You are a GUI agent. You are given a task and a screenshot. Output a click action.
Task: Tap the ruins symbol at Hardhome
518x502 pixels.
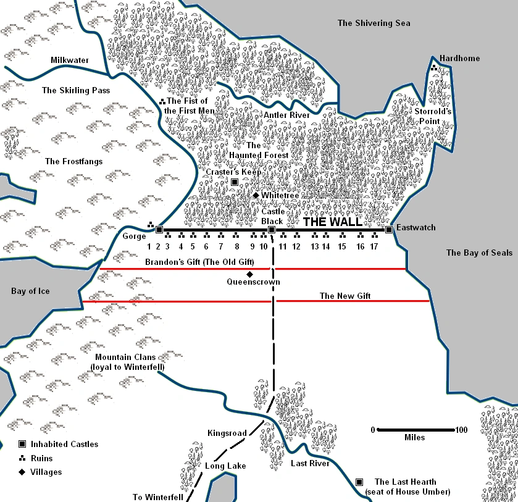point(435,67)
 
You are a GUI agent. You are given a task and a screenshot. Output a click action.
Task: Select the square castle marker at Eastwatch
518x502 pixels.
point(389,230)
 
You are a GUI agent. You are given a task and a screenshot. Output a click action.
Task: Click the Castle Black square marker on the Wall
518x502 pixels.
point(271,230)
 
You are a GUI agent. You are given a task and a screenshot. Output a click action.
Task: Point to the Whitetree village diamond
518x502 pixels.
point(256,195)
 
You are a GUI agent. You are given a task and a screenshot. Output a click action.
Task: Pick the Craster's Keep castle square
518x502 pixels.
point(235,182)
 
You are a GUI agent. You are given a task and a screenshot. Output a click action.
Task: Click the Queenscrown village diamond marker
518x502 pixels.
point(249,274)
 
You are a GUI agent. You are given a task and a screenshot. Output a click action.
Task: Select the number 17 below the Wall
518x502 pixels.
point(374,246)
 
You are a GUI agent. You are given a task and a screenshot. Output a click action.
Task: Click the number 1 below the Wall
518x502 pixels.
point(148,246)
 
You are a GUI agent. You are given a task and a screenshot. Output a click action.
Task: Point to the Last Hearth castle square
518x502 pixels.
point(359,482)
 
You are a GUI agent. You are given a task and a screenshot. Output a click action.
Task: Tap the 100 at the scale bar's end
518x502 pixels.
point(461,430)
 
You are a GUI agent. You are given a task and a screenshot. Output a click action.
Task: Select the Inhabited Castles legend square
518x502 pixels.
point(22,444)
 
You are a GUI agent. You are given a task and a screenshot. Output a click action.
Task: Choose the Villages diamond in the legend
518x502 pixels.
point(22,472)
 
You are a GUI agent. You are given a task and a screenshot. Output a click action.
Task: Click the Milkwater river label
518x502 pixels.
point(70,60)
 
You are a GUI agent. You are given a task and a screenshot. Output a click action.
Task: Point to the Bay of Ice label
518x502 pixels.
point(30,291)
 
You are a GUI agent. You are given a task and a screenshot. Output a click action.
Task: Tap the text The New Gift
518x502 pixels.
point(345,296)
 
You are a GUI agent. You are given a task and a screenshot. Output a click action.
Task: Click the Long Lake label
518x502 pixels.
point(225,466)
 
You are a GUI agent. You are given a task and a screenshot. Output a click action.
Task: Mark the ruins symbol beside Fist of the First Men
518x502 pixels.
point(162,101)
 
